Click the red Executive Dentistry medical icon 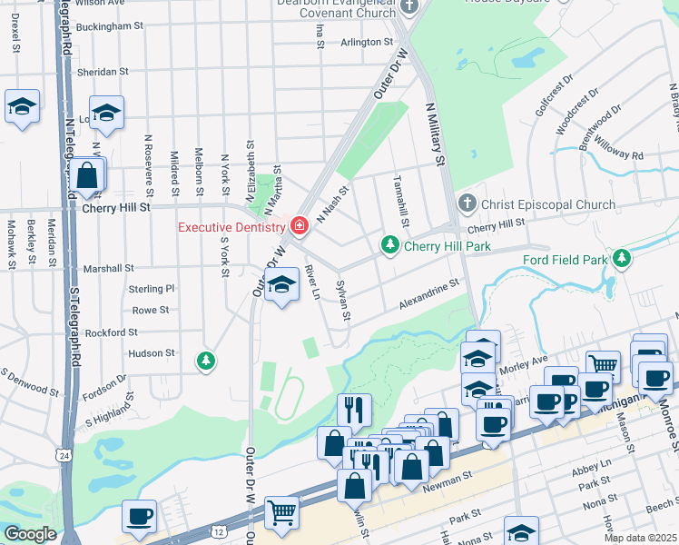pos(299,224)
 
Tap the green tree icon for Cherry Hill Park pos(389,245)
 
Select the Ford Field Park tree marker pos(621,260)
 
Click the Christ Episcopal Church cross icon pos(467,203)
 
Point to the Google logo pos(30,534)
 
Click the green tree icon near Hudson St pos(207,362)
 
